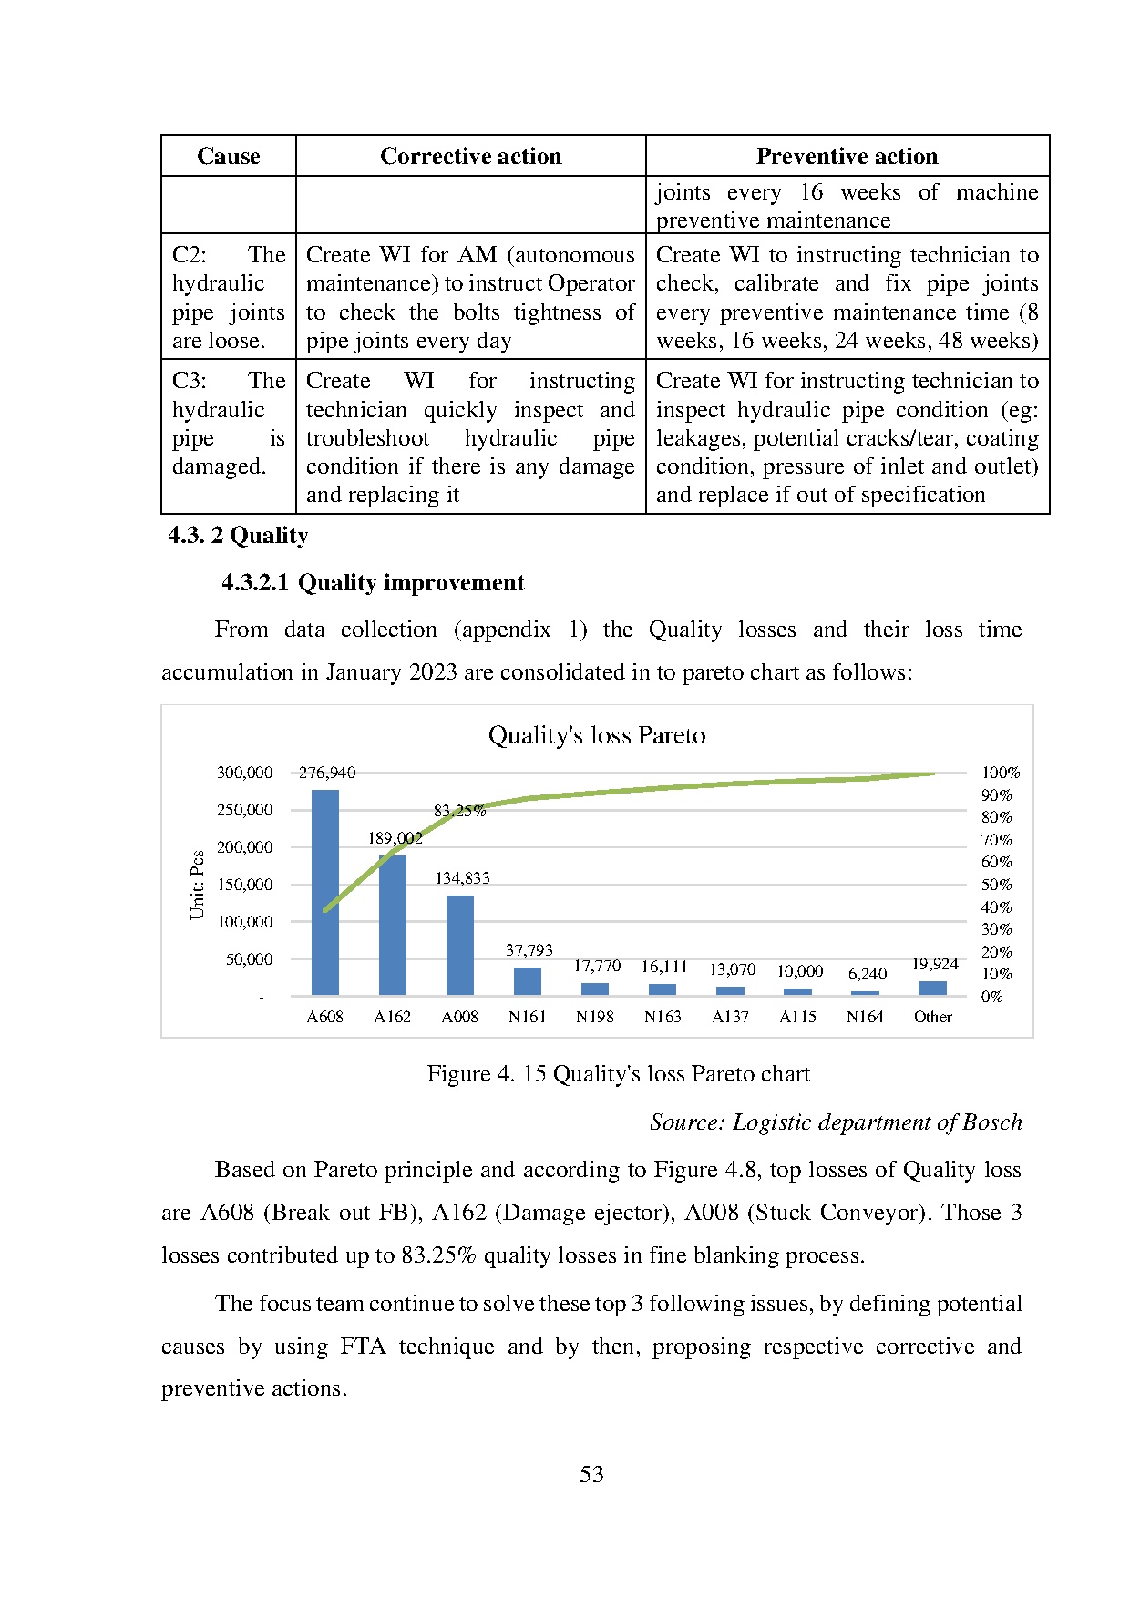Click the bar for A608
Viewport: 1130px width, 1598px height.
pyautogui.click(x=325, y=893)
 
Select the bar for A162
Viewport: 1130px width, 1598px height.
pyautogui.click(x=393, y=925)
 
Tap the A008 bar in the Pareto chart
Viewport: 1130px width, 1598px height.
pyautogui.click(x=460, y=945)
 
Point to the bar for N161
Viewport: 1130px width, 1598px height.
pyautogui.click(x=528, y=981)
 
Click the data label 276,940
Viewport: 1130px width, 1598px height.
pyautogui.click(x=327, y=773)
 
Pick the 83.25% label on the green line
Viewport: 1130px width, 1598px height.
pyautogui.click(x=459, y=811)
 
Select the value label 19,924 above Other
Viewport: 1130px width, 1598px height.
pyautogui.click(x=935, y=964)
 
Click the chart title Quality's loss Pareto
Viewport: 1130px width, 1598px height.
pyautogui.click(x=597, y=735)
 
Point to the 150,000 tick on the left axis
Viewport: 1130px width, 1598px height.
pyautogui.click(x=244, y=885)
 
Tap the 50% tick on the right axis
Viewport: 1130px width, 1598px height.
pyautogui.click(x=996, y=885)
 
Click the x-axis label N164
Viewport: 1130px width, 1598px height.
pyautogui.click(x=865, y=1017)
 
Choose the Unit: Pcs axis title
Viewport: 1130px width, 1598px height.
pyautogui.click(x=198, y=885)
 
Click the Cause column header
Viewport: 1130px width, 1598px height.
pyautogui.click(x=229, y=157)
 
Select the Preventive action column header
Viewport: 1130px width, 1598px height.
pyautogui.click(x=847, y=157)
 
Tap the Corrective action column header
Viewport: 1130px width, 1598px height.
pyautogui.click(x=470, y=157)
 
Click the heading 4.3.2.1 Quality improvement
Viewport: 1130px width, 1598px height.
pyautogui.click(x=373, y=583)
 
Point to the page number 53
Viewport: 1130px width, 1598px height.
pyautogui.click(x=591, y=1474)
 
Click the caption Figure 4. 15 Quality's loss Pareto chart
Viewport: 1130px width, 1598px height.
pyautogui.click(x=618, y=1074)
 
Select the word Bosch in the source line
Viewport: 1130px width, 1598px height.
pyautogui.click(x=992, y=1122)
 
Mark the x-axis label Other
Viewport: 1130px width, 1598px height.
pyautogui.click(x=933, y=1017)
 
